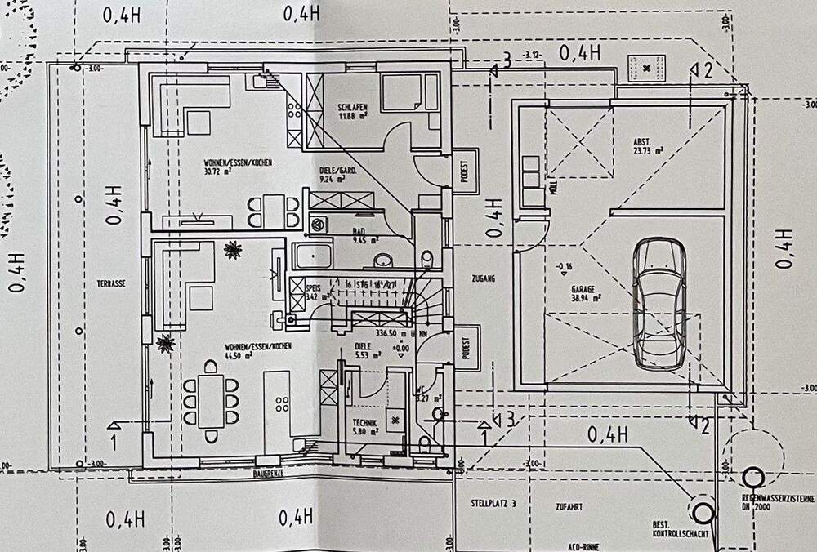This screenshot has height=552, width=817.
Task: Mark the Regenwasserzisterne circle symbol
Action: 752,477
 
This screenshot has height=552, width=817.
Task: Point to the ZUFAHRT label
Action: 568,507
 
